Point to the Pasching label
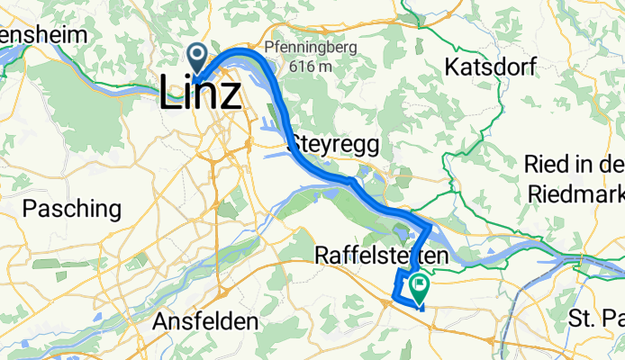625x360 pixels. pyautogui.click(x=71, y=210)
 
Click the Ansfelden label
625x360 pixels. pyautogui.click(x=205, y=321)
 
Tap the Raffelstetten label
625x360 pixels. pyautogui.click(x=381, y=257)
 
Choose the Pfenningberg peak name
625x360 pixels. pyautogui.click(x=311, y=47)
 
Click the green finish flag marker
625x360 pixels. pyautogui.click(x=420, y=287)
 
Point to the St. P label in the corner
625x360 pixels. pyautogui.click(x=597, y=319)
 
